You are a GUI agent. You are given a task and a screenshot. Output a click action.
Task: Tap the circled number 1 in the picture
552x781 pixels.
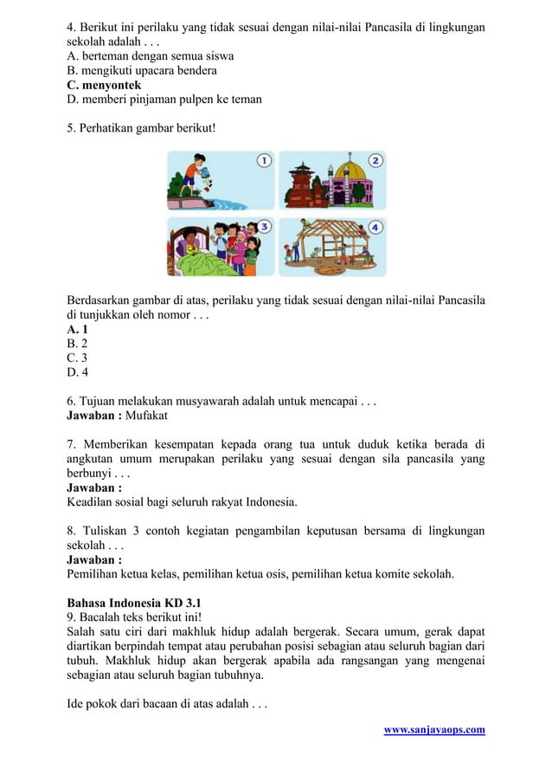click(x=263, y=161)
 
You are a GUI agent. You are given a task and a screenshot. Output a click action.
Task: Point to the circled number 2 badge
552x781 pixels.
click(x=375, y=161)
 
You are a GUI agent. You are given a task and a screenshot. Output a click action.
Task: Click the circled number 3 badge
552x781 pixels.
click(x=263, y=227)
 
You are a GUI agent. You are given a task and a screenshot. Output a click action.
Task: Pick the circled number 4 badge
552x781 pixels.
click(x=375, y=227)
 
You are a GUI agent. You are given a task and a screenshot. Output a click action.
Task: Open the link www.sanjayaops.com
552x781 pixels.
click(x=433, y=730)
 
